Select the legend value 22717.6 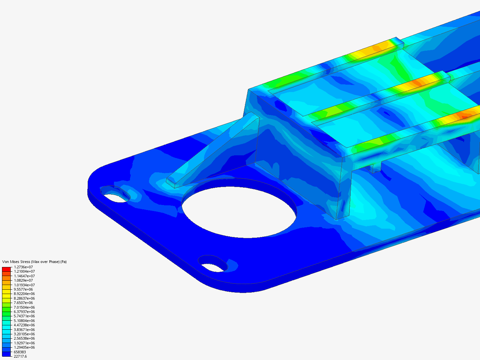click(20, 356)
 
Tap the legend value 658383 click(20, 352)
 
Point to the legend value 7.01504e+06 click(24, 307)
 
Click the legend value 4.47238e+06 click(24, 325)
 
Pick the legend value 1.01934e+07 click(24, 285)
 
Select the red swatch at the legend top click(6, 269)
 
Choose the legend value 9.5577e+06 click(23, 289)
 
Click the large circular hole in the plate click(239, 208)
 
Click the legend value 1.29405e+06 click(24, 347)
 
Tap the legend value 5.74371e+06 click(24, 316)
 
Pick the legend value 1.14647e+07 click(24, 276)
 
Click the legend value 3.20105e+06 click(24, 334)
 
